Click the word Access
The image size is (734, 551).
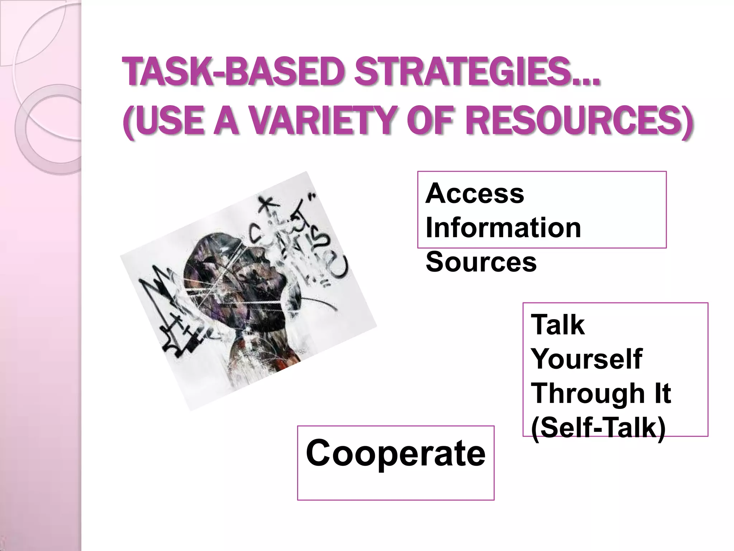(x=475, y=194)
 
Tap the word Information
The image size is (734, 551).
(x=503, y=228)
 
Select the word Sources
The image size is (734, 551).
(x=481, y=262)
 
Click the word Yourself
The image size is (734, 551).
(x=586, y=359)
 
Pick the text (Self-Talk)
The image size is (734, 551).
(x=598, y=427)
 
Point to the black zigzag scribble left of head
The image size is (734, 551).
(x=161, y=305)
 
